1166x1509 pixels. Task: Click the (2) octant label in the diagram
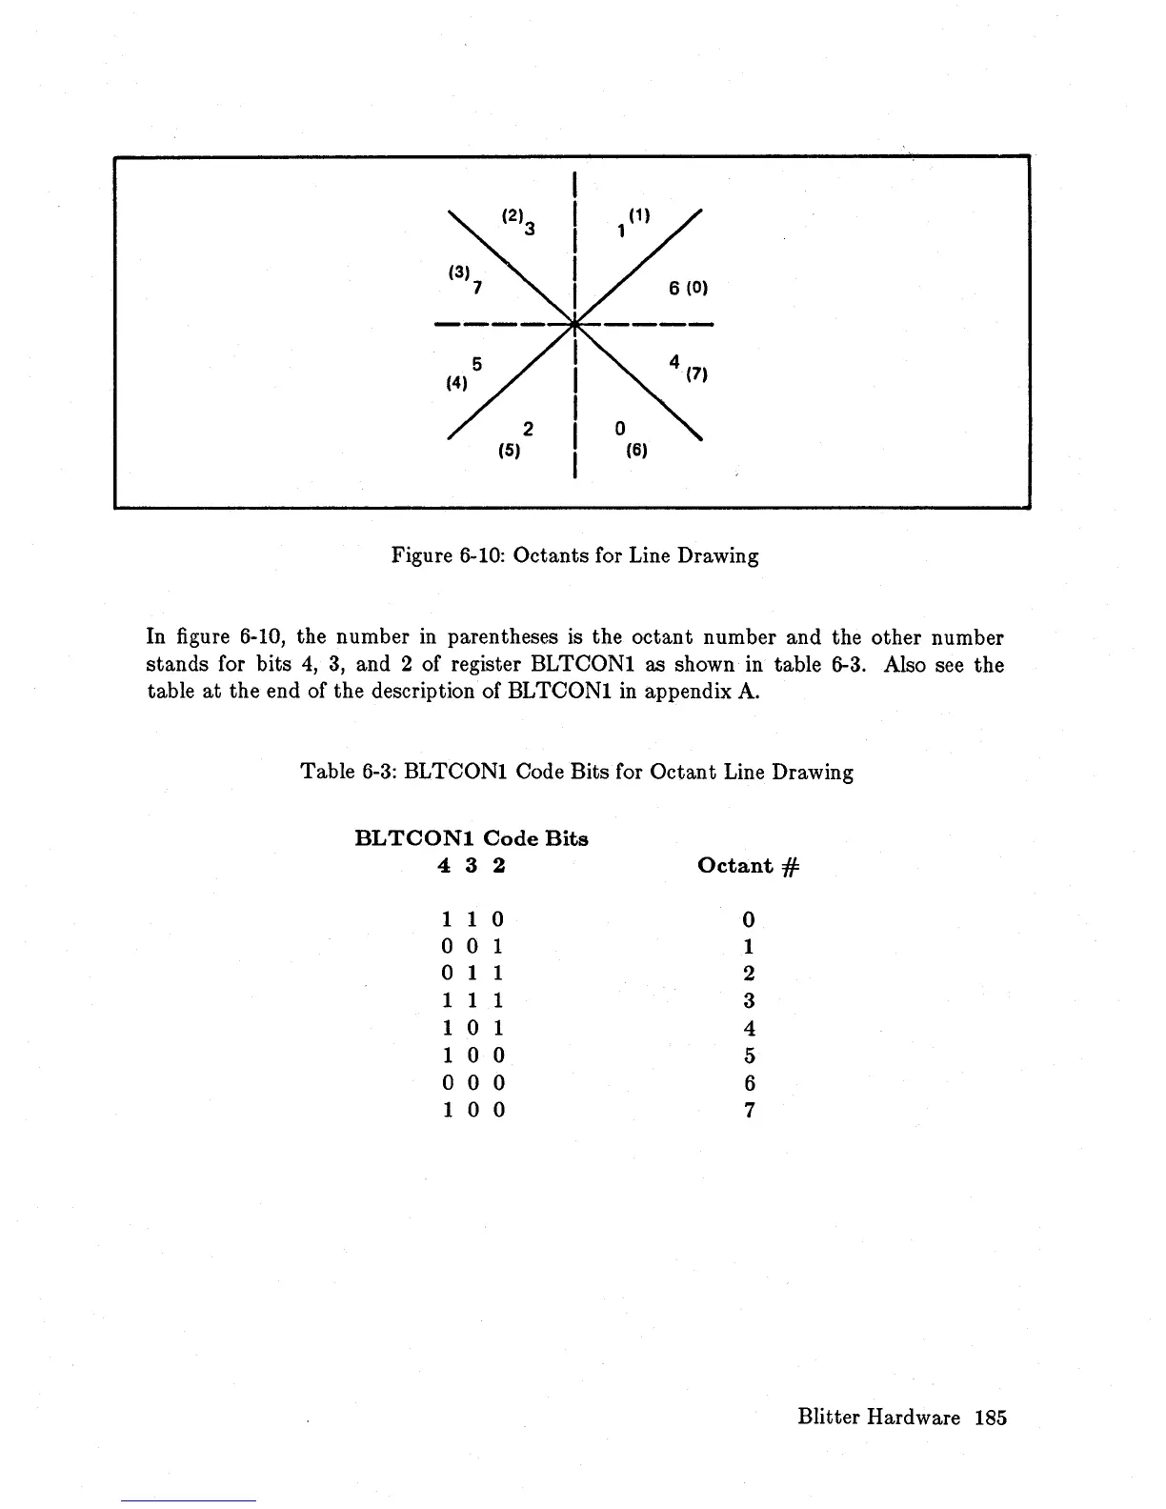click(512, 216)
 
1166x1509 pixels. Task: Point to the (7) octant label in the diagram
click(697, 374)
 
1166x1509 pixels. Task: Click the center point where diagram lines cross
click(575, 324)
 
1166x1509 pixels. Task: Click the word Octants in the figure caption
click(548, 555)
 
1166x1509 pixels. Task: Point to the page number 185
click(990, 1418)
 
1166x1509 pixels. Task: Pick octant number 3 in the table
click(749, 1001)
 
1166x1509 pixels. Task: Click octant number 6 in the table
click(749, 1083)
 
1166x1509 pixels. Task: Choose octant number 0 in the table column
click(749, 919)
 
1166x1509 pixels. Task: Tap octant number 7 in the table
click(749, 1111)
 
